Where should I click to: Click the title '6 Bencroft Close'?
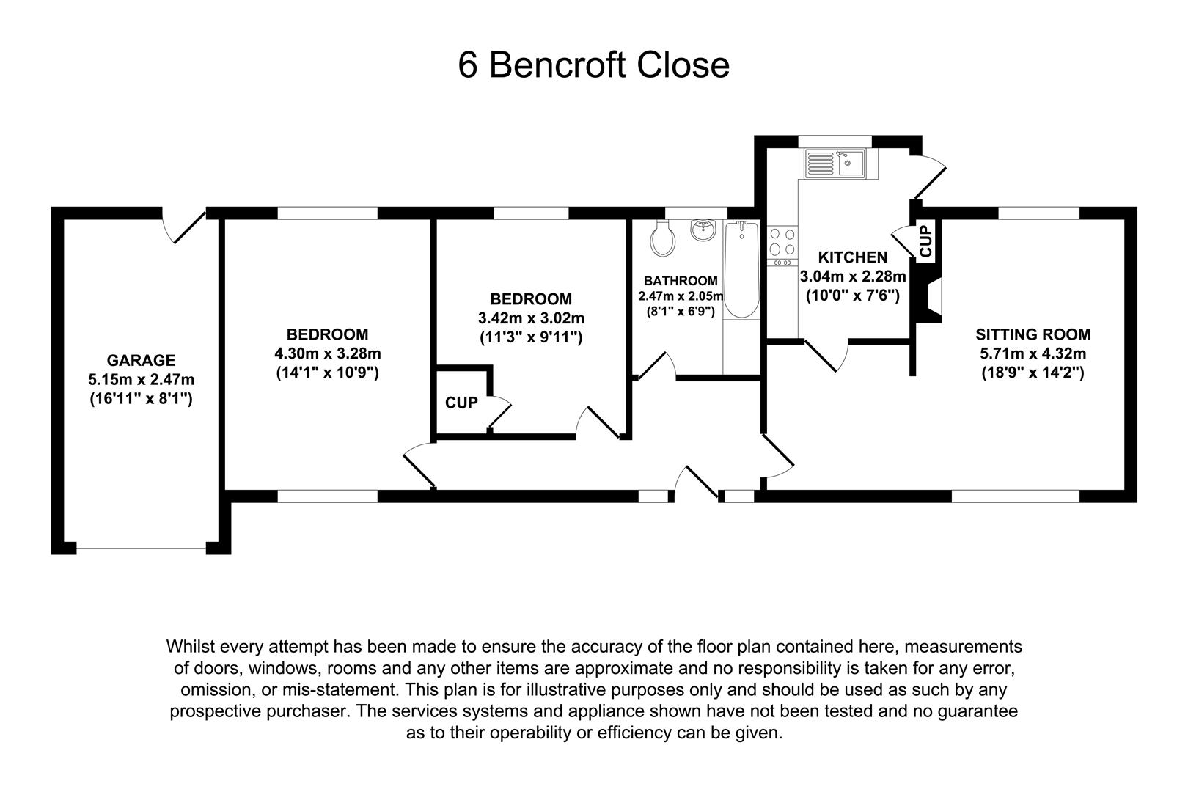click(593, 65)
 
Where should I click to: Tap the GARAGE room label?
click(141, 361)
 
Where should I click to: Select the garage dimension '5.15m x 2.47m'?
click(141, 380)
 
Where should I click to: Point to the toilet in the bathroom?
click(662, 239)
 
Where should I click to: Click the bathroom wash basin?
click(704, 230)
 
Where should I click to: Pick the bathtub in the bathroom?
click(741, 270)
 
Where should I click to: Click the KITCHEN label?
click(853, 258)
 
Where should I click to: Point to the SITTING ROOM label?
click(1033, 334)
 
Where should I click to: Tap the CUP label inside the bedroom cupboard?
click(461, 403)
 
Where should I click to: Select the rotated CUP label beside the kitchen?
click(925, 241)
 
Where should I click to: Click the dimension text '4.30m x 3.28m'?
click(328, 353)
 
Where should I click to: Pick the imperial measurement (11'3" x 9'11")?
click(532, 338)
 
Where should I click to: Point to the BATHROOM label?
click(681, 281)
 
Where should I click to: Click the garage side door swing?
click(184, 227)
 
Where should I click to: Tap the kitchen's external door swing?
click(928, 177)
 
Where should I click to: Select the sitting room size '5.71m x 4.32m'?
click(1033, 353)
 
